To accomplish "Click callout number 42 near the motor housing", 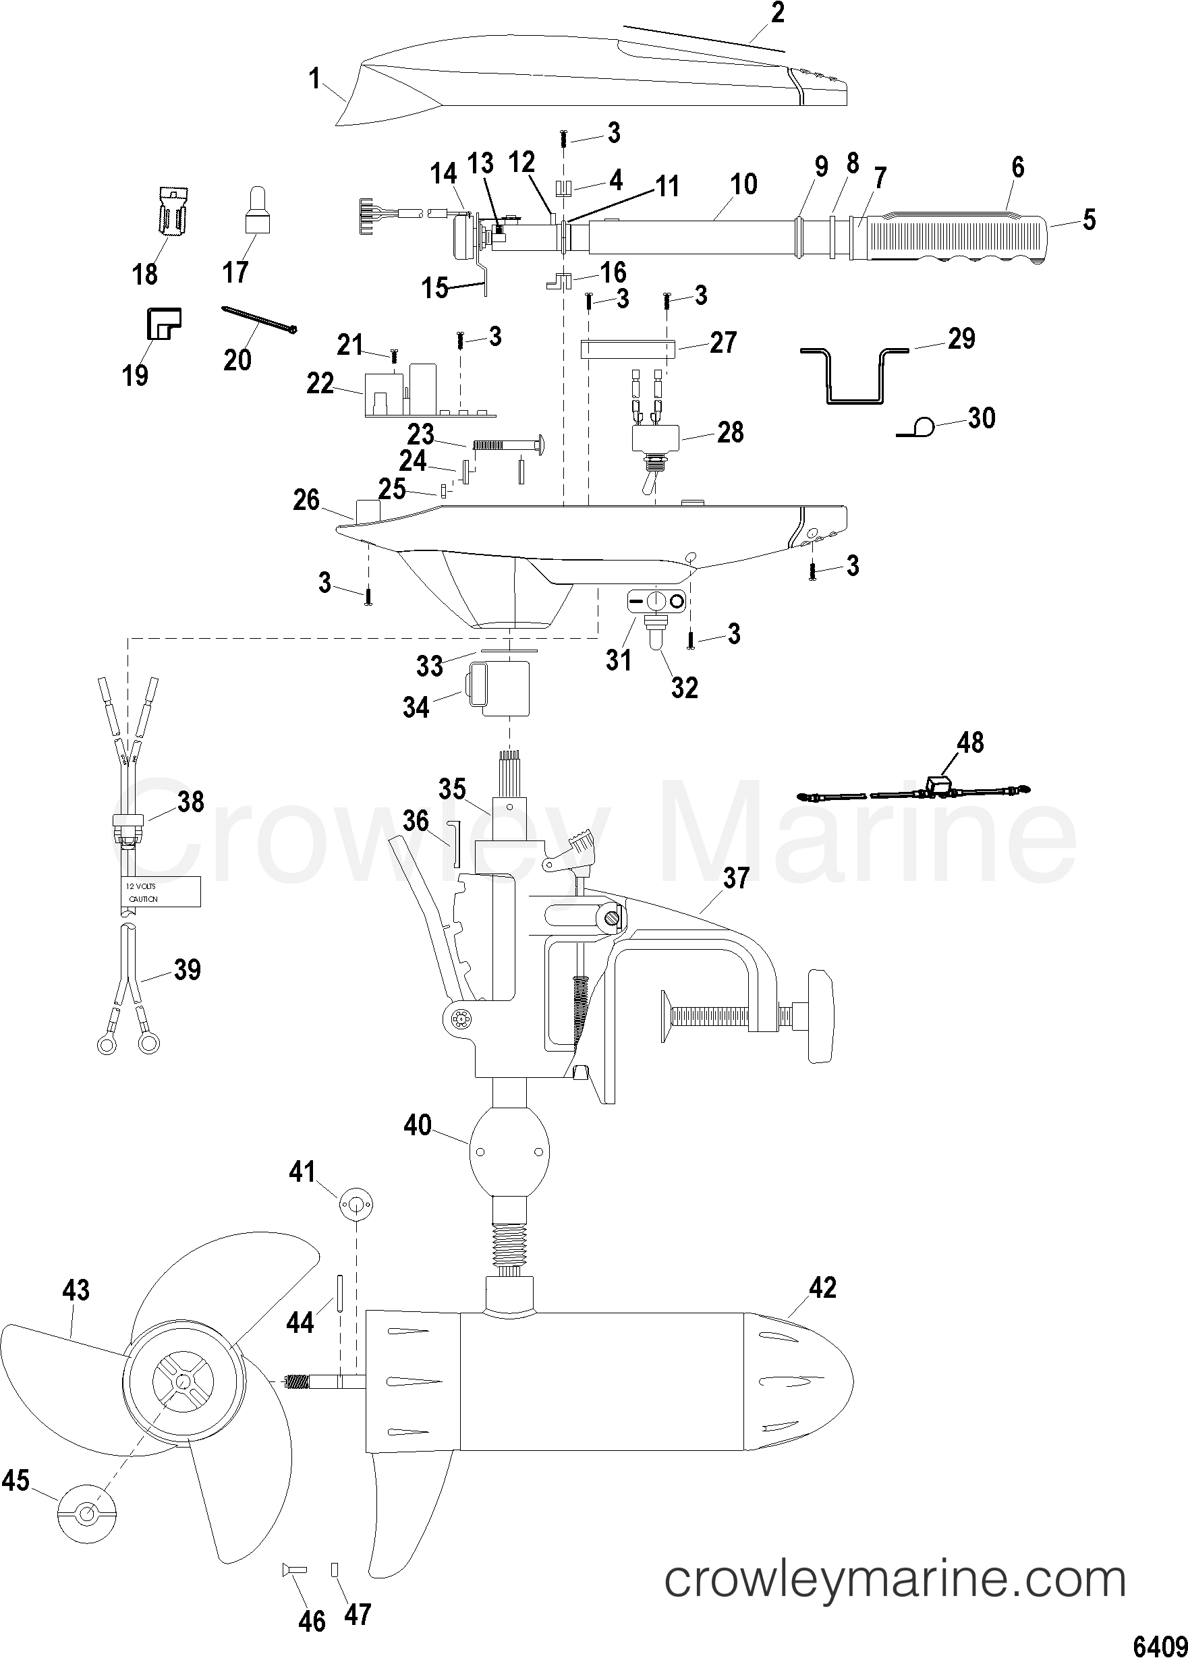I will click(x=822, y=1288).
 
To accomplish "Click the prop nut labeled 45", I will click(x=86, y=1513).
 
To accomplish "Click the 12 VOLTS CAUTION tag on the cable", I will click(x=161, y=892).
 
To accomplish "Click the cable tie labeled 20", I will click(x=259, y=320).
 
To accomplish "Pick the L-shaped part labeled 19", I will click(x=163, y=323).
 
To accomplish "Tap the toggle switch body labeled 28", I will click(x=656, y=438).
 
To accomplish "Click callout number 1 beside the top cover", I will click(x=314, y=78).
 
